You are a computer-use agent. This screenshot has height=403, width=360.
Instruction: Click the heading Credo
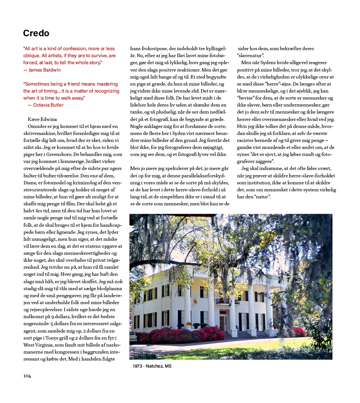click(36, 33)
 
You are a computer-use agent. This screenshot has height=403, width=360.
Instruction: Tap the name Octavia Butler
click(48, 105)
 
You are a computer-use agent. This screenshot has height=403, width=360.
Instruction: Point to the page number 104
click(27, 376)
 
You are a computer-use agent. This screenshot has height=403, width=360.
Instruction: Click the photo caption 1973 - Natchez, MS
click(152, 366)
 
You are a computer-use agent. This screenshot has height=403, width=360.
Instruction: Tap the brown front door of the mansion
click(222, 323)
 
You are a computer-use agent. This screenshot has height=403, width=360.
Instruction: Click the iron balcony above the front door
click(223, 301)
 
